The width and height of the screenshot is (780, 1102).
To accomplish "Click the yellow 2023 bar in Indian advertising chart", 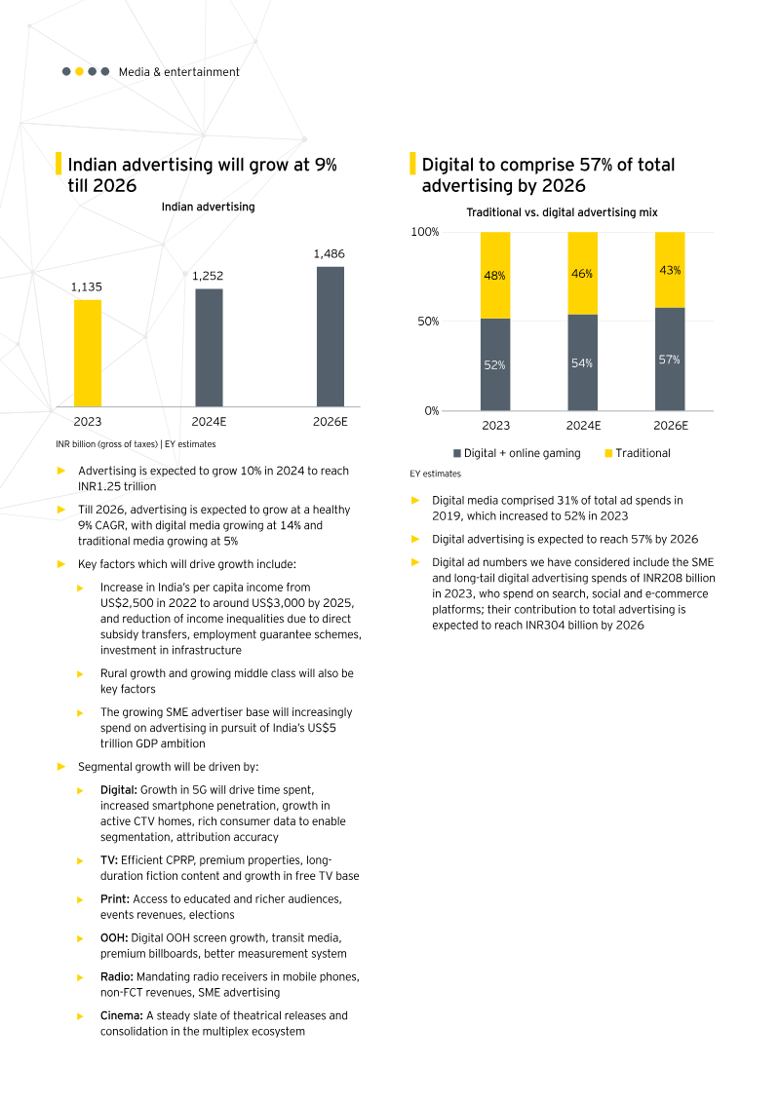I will tap(88, 353).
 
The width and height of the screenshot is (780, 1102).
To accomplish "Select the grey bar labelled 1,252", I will tap(209, 347).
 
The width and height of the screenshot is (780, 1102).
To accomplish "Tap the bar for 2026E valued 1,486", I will tap(331, 336).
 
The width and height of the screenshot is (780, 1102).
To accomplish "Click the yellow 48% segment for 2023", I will tap(495, 275).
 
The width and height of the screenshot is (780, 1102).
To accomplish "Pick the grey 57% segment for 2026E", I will tap(670, 359).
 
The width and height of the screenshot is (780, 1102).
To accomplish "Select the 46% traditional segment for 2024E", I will tap(583, 273).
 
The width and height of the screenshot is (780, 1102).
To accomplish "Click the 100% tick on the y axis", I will tap(425, 232).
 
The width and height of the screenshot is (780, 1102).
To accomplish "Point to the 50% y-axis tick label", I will tap(428, 321).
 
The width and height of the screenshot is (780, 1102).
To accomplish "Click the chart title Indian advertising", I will tap(208, 207).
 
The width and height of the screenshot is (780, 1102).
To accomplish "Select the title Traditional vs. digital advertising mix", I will tap(562, 211).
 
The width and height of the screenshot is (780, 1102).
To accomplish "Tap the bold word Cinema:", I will tap(122, 1015).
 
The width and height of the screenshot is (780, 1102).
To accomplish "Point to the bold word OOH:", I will tap(113, 937).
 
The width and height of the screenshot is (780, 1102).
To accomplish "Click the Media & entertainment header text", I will tap(178, 72).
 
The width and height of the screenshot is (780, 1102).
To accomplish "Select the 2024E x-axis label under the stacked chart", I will tap(583, 426).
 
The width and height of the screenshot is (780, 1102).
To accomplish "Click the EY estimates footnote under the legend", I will tap(435, 474).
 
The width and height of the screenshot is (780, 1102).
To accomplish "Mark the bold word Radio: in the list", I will tap(116, 976).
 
